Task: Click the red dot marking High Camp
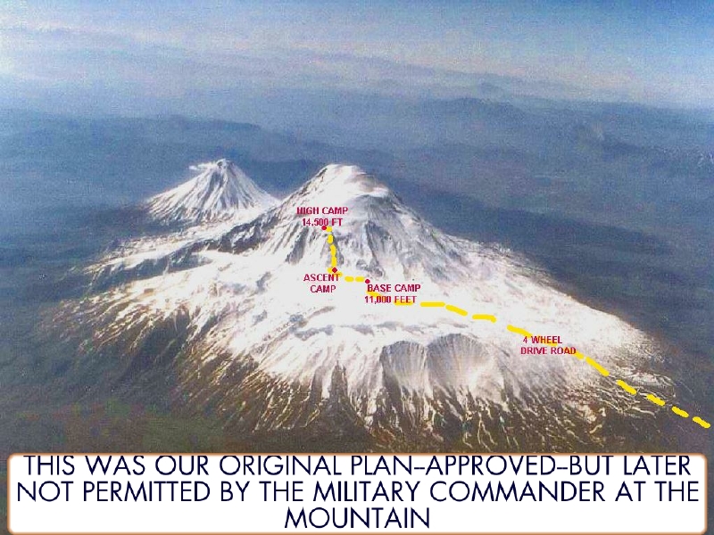[x=324, y=227]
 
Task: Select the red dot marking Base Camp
[x=368, y=282]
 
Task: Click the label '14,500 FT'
[x=322, y=221]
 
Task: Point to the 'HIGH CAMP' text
[x=322, y=211]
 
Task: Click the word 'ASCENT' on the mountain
[x=321, y=278]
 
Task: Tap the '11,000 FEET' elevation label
[x=390, y=300]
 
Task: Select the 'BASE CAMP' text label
[x=394, y=289]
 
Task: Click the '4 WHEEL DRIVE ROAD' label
[x=548, y=345]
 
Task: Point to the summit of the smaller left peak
[x=215, y=164]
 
